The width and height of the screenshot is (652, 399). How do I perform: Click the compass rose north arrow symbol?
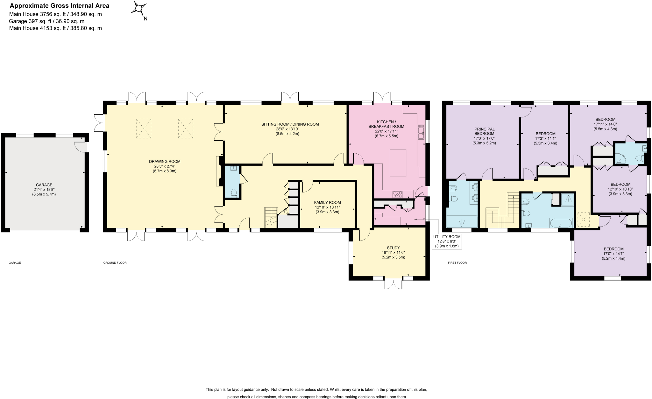pyautogui.click(x=139, y=9)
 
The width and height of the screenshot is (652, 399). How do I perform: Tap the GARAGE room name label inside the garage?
pyautogui.click(x=44, y=185)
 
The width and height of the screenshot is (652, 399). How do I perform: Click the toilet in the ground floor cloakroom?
pyautogui.click(x=234, y=192)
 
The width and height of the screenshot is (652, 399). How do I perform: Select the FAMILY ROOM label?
pyautogui.click(x=327, y=202)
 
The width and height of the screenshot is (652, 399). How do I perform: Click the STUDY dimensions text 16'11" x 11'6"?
pyautogui.click(x=393, y=252)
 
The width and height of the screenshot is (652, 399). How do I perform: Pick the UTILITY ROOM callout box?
pyautogui.click(x=447, y=241)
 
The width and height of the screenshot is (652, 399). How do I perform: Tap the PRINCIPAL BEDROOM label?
pyautogui.click(x=484, y=131)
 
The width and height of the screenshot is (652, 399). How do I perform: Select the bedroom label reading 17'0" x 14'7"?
pyautogui.click(x=613, y=254)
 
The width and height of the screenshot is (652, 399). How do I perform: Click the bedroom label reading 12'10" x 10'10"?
pyautogui.click(x=620, y=189)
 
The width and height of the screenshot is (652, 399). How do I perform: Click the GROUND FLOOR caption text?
pyautogui.click(x=115, y=263)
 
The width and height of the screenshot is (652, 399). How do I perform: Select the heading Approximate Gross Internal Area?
pyautogui.click(x=59, y=6)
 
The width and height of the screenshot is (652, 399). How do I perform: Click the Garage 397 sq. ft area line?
pyautogui.click(x=47, y=21)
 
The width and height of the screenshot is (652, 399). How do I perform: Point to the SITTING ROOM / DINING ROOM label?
pyautogui.click(x=290, y=124)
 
